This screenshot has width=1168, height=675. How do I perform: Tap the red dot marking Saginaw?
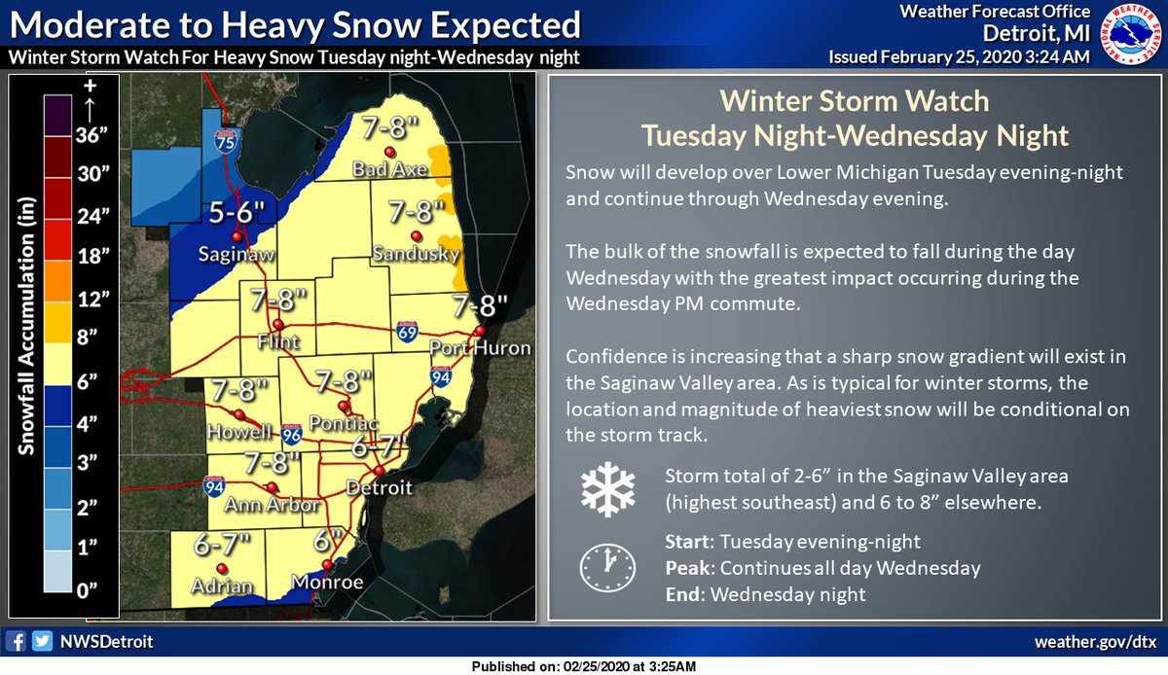tap(236, 235)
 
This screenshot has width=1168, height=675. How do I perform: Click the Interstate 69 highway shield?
tap(409, 335)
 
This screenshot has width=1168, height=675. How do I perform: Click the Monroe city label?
tap(326, 584)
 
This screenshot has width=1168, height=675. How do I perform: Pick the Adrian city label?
tap(222, 586)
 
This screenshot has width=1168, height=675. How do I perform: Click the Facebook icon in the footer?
tap(16, 642)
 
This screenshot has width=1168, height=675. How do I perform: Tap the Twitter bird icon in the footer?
tap(41, 642)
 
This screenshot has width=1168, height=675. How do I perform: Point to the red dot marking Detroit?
tap(379, 470)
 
